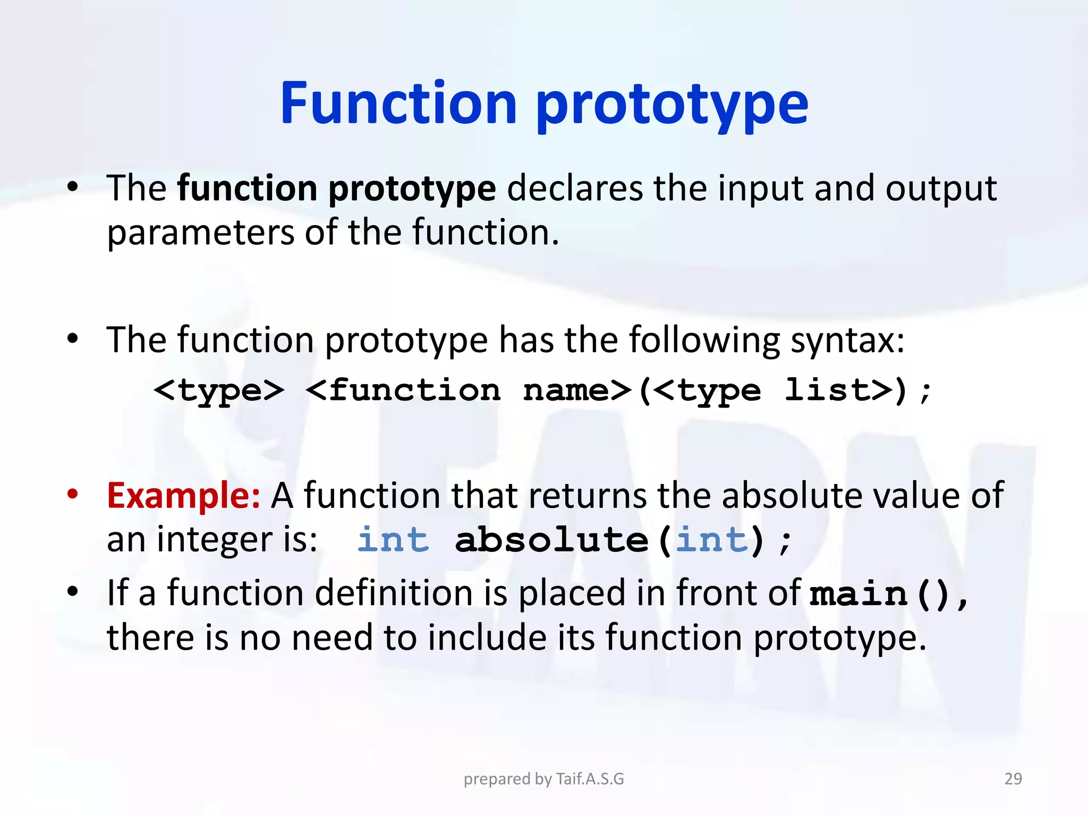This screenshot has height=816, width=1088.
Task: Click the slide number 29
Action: (x=1013, y=778)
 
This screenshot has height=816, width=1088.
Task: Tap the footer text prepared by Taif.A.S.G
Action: (x=543, y=778)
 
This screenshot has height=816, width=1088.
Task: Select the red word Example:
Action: (x=183, y=495)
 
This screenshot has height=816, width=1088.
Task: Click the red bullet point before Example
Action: (x=73, y=494)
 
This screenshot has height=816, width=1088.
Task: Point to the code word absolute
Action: (x=551, y=540)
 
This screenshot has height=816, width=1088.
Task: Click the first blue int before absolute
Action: (x=393, y=540)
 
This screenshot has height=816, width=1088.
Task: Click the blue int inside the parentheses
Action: (x=712, y=540)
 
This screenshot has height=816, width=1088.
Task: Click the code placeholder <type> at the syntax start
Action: (x=219, y=391)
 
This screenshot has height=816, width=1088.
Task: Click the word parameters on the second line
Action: (x=200, y=233)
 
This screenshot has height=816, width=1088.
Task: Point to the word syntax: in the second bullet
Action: (x=847, y=340)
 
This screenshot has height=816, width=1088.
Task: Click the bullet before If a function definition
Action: (x=73, y=591)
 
